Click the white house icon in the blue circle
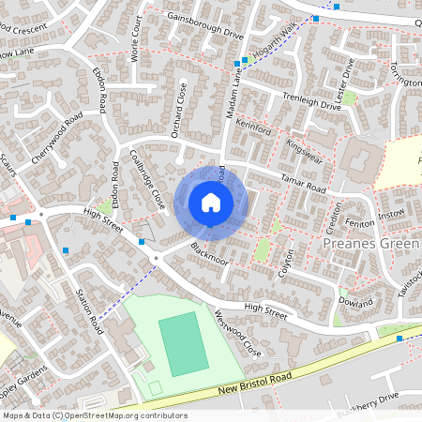point(211,202)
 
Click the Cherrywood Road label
point(57,141)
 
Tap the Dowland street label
point(355,302)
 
